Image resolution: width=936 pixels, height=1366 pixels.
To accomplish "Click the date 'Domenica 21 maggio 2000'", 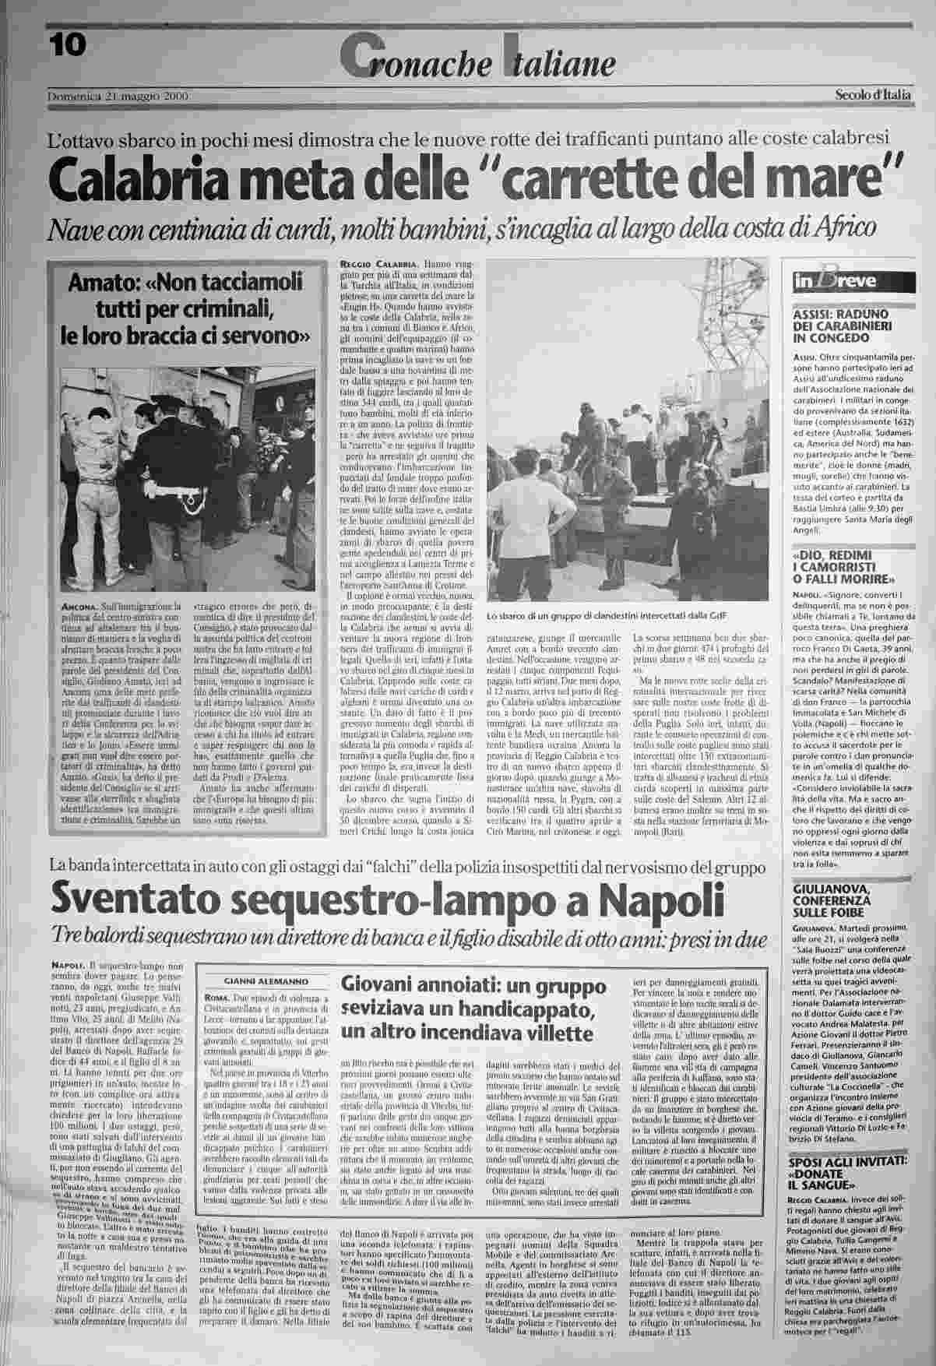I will coord(119,96).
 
